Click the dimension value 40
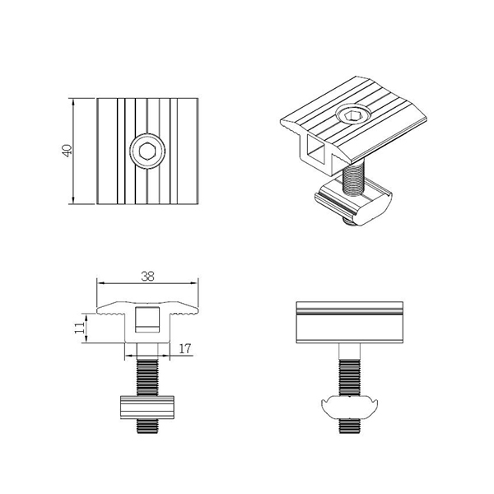[66, 151]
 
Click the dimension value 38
[147, 277]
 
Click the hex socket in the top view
[148, 151]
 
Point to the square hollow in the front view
[148, 318]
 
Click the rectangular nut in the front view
[148, 409]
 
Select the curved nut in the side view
[349, 408]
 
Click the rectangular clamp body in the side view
[349, 323]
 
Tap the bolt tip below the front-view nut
[148, 427]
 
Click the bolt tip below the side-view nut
[349, 426]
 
